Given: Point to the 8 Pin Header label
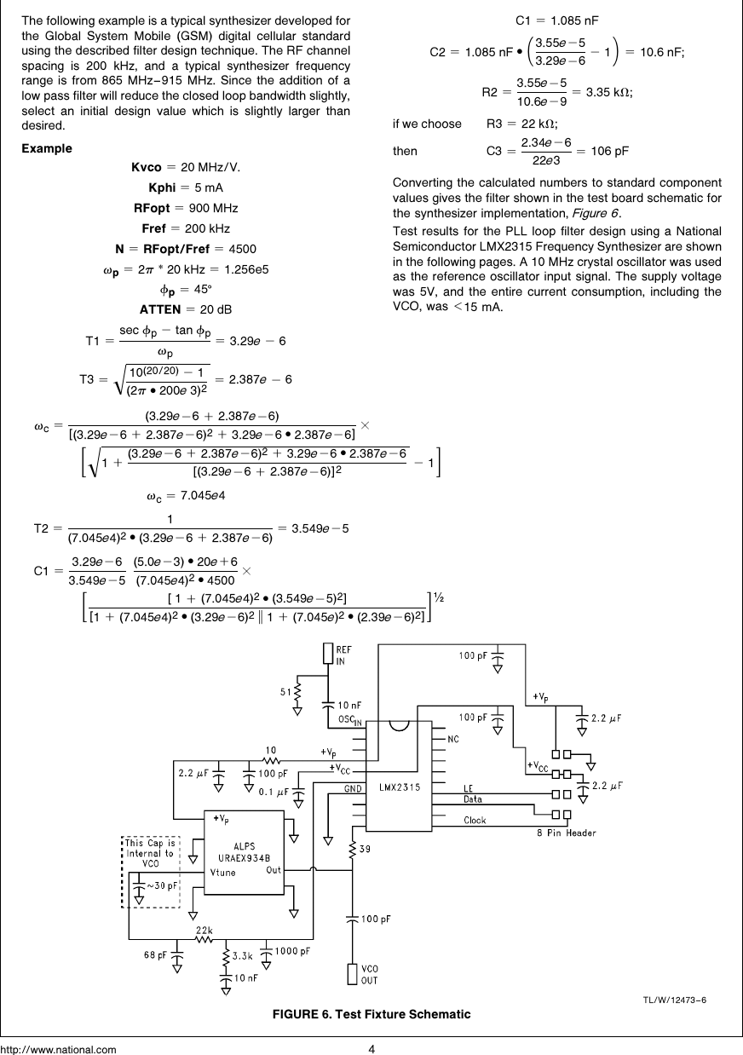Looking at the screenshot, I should coord(566,833).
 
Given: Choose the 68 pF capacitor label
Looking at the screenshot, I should coord(155,954).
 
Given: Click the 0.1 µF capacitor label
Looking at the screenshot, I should coord(274,792).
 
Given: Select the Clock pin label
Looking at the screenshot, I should coord(475,821).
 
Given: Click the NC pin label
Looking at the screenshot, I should coord(452,739).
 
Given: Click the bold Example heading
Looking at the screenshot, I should coord(47,148).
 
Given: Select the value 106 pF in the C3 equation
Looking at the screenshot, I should coord(609,152).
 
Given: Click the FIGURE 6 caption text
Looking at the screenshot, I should coord(371,1014).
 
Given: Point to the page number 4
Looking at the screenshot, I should coord(371,1048).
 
